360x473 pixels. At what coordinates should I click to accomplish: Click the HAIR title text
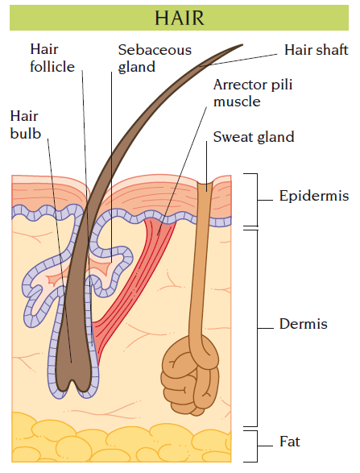(180, 18)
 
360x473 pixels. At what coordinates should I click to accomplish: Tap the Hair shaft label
(317, 50)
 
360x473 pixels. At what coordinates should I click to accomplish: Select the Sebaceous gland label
(155, 58)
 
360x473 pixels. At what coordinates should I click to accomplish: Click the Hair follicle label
(52, 58)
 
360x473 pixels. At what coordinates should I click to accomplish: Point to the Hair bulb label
(25, 125)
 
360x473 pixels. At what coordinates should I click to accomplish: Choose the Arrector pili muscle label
(253, 93)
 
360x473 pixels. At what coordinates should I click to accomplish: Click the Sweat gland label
(254, 137)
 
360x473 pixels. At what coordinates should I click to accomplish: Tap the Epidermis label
(314, 196)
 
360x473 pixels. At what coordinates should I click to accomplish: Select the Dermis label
(304, 324)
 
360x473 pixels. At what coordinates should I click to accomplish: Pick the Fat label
(290, 442)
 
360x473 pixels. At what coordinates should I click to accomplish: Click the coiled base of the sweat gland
(191, 375)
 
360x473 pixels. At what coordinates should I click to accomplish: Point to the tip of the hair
(242, 45)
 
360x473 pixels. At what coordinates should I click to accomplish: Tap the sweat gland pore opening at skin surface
(206, 183)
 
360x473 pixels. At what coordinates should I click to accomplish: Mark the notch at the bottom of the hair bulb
(72, 384)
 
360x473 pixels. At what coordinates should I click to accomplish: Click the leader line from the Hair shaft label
(238, 60)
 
